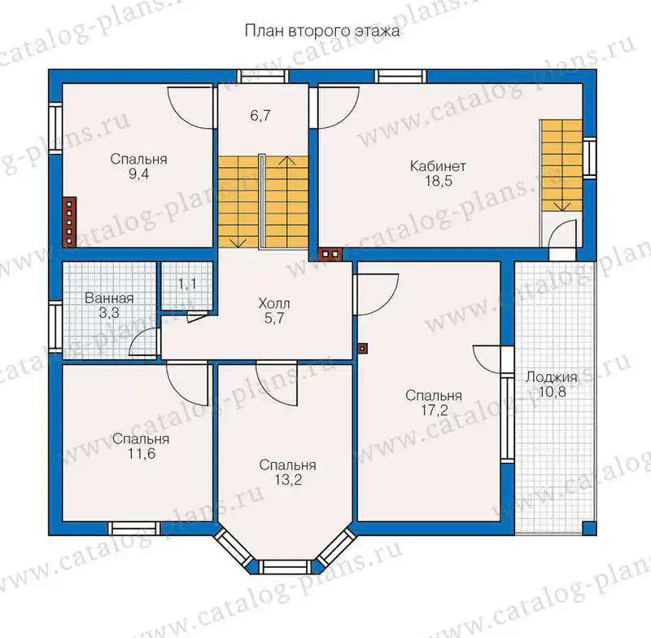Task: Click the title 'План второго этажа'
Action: point(322,31)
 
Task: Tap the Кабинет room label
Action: point(438,166)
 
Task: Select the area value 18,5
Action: point(439,181)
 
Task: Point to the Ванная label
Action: point(109,298)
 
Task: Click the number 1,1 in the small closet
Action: point(187,284)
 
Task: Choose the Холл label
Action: point(274,303)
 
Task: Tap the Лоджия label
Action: point(552,377)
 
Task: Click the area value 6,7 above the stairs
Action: point(260,115)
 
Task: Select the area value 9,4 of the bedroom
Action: point(138,174)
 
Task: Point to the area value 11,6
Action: point(141,454)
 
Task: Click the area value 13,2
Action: point(288,480)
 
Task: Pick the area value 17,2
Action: point(435,410)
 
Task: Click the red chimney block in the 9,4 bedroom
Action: point(69,222)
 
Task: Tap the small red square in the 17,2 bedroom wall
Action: point(363,348)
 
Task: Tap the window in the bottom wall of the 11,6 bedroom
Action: point(133,528)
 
